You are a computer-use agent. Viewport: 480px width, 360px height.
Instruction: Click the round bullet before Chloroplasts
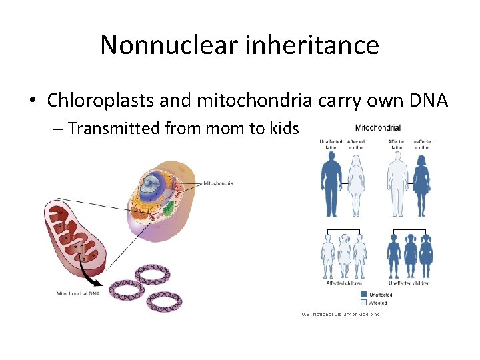pyautogui.click(x=33, y=101)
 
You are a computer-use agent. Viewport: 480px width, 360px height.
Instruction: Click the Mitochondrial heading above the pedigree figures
pyautogui.click(x=377, y=127)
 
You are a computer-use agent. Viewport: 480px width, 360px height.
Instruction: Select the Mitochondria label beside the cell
pyautogui.click(x=218, y=183)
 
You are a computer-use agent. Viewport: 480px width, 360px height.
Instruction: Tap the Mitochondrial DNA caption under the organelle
pyautogui.click(x=79, y=293)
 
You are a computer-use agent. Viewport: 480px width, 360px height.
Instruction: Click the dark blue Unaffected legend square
pyautogui.click(x=363, y=294)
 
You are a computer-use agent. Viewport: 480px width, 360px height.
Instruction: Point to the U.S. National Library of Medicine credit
pyautogui.click(x=340, y=314)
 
